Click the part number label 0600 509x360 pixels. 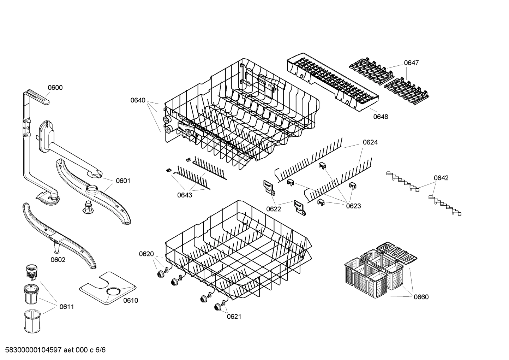(x=55, y=88)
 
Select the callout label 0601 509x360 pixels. (x=123, y=181)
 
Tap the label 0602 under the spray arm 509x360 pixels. (x=58, y=260)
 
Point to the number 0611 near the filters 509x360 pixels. (x=67, y=307)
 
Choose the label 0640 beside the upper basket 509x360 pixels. (x=138, y=100)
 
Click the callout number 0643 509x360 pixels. (x=185, y=195)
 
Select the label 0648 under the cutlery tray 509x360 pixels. (x=381, y=117)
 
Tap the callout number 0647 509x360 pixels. (x=411, y=63)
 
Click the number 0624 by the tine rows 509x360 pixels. (x=370, y=142)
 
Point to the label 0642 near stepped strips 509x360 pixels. (x=441, y=178)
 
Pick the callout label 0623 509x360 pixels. (x=353, y=206)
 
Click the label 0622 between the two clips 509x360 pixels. (x=274, y=209)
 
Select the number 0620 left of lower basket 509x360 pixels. (x=146, y=254)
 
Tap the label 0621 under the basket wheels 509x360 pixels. (x=234, y=317)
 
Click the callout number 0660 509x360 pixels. (x=421, y=297)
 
